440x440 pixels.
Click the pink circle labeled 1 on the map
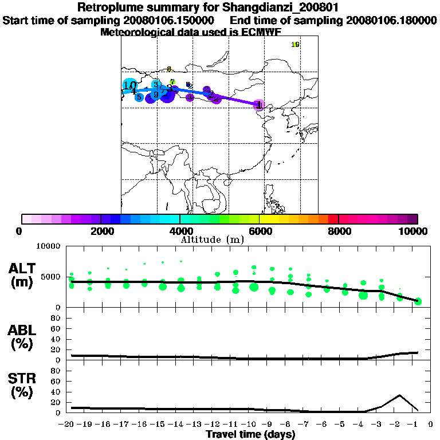260,105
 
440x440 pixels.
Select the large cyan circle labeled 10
129,86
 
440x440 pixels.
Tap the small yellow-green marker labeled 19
296,45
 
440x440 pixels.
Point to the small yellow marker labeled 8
170,69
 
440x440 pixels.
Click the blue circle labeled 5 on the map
139,97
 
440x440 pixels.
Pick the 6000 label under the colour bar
259,231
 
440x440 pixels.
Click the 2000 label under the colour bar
100,231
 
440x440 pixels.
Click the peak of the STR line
400,395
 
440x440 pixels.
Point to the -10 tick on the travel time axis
250,425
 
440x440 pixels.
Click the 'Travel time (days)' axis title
250,435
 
